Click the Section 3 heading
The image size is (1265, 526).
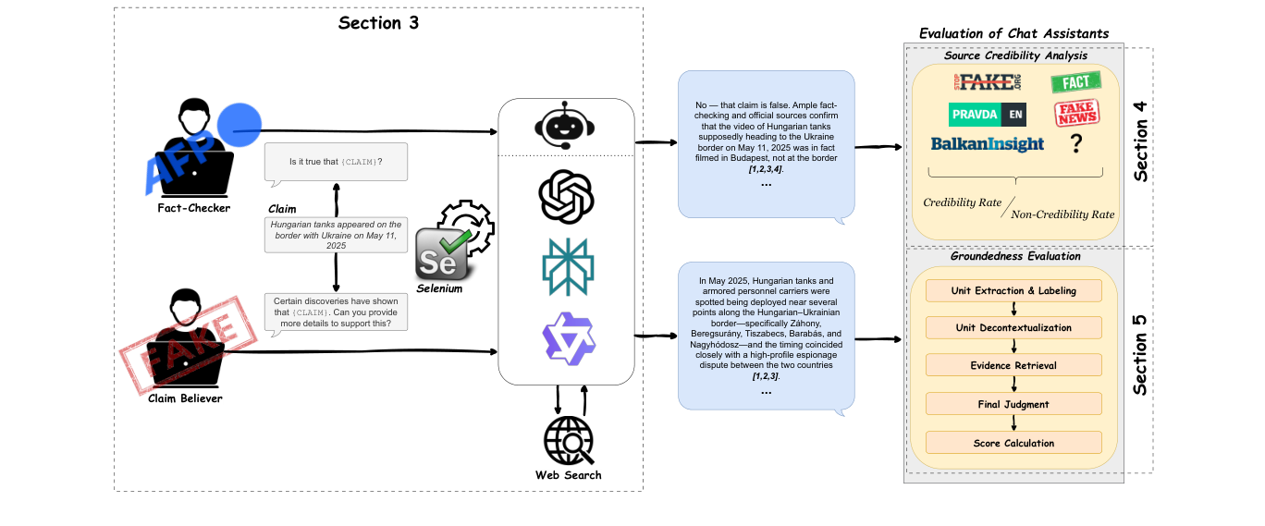(x=378, y=23)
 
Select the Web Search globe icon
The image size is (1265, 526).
(x=568, y=441)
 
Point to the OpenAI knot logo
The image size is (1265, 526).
(x=566, y=197)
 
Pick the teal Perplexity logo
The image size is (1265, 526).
(x=567, y=266)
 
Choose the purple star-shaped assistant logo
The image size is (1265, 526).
(x=567, y=336)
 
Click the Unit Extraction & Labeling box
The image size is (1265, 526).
(x=1013, y=290)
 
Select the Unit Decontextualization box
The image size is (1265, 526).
(x=1013, y=327)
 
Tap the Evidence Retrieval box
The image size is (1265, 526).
(x=1013, y=365)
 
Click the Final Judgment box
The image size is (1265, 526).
(x=1013, y=404)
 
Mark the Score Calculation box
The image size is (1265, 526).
(x=1013, y=443)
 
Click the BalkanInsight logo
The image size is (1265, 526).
(x=987, y=144)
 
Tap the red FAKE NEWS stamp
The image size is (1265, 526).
(x=1075, y=113)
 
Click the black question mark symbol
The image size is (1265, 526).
(x=1075, y=144)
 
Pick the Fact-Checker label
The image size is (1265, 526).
(x=193, y=207)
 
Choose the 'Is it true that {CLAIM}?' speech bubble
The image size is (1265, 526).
(x=336, y=163)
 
